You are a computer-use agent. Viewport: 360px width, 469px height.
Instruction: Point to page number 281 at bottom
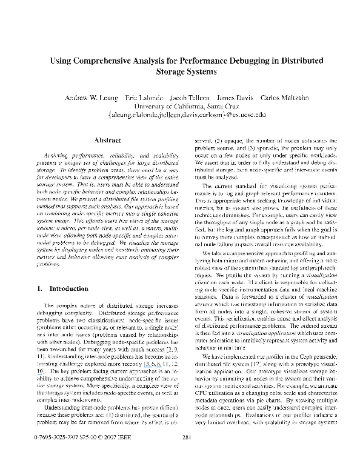point(187,454)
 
